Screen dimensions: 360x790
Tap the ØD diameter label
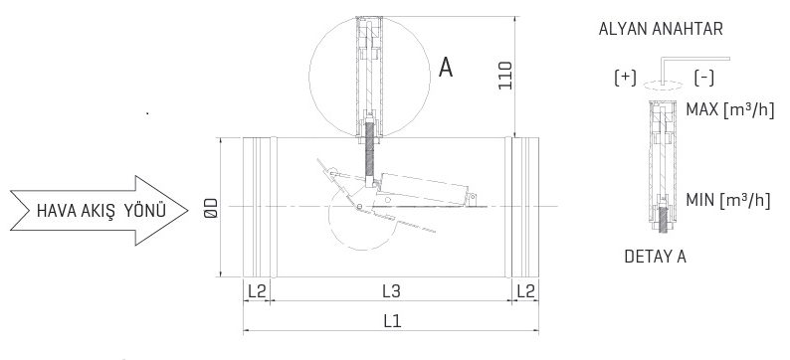tap(206, 210)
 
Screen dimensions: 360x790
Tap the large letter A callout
tap(447, 67)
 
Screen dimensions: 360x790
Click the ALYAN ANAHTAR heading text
tap(661, 30)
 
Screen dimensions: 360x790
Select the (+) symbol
tap(626, 77)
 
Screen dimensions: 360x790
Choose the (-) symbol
tap(704, 77)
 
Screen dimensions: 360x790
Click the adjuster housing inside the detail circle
tap(368, 70)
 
